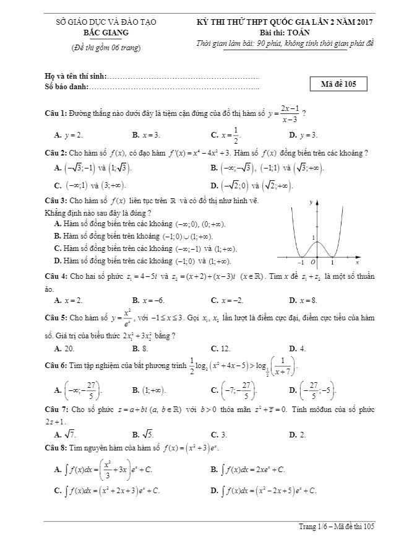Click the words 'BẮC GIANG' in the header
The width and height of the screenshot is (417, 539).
pos(103,33)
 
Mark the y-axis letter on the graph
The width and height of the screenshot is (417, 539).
pos(311,202)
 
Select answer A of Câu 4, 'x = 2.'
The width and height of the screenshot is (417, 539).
pos(68,300)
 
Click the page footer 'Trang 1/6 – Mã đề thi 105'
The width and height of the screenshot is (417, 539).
pos(337,527)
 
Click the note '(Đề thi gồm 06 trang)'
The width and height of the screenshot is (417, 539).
pos(103,48)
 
